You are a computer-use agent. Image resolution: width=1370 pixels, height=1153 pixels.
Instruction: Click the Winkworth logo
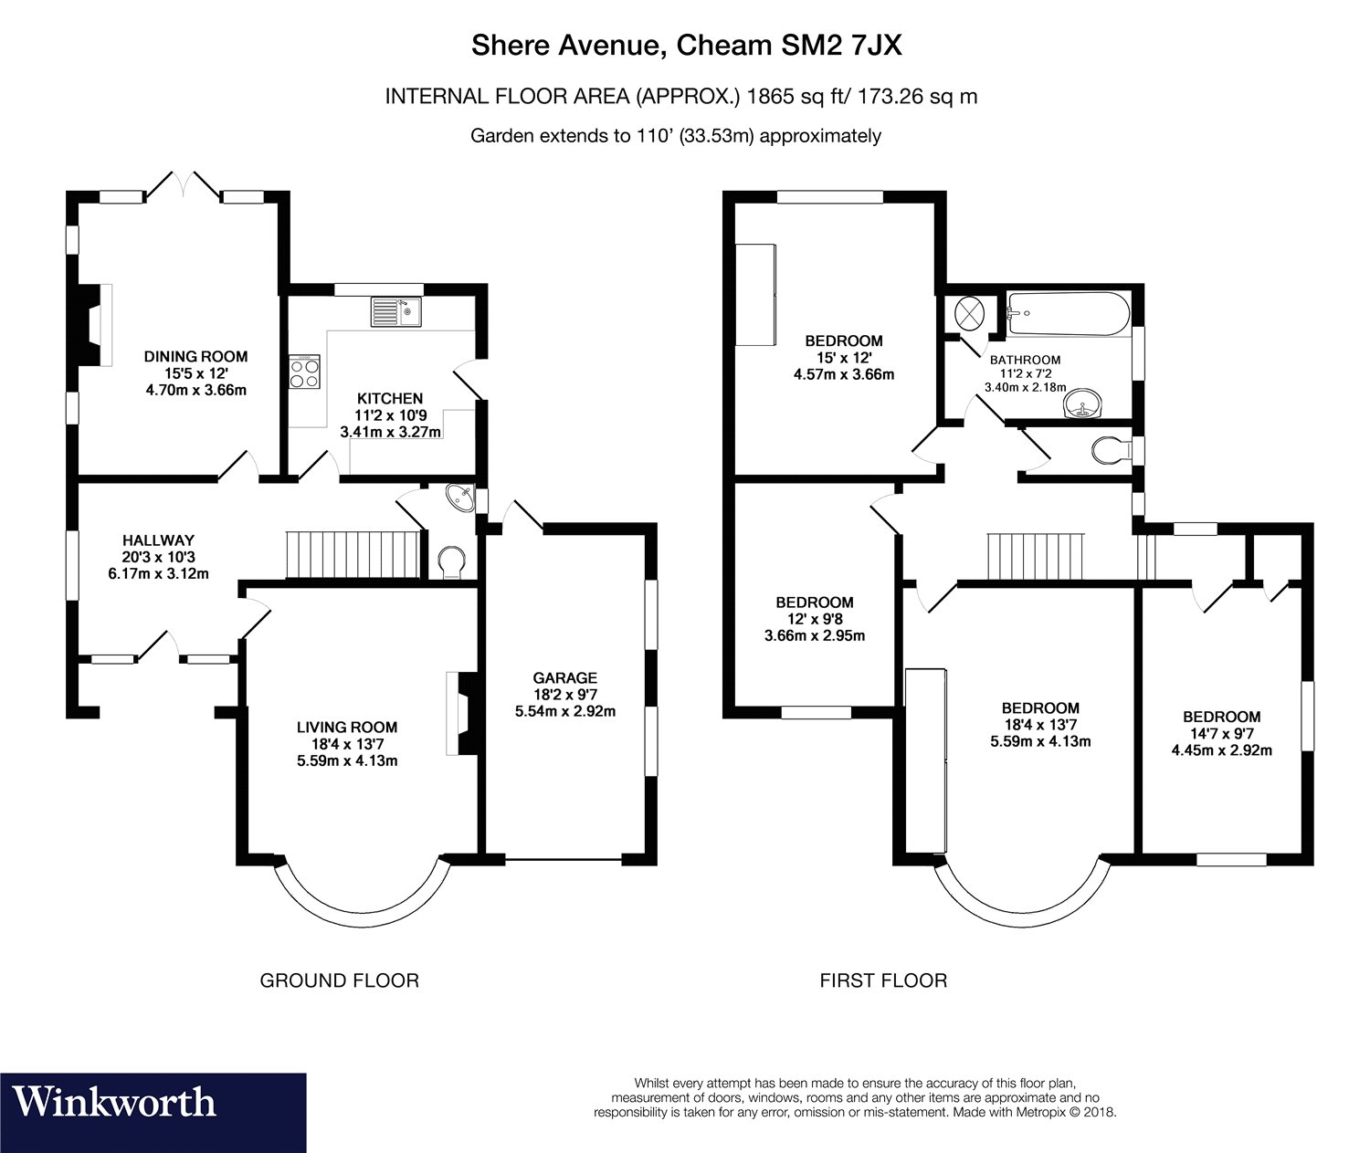tap(153, 1112)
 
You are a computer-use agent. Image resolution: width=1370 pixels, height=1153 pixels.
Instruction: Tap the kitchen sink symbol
tap(395, 311)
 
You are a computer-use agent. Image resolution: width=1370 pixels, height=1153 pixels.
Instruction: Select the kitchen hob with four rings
tap(304, 372)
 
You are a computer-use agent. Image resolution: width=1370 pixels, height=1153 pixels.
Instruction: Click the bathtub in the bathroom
tap(1069, 314)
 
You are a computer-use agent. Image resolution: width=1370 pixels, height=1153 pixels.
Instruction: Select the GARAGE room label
tap(565, 677)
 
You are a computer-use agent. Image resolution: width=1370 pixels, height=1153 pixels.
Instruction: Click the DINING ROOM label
tap(195, 356)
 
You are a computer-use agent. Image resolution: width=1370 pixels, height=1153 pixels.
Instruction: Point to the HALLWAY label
tap(158, 540)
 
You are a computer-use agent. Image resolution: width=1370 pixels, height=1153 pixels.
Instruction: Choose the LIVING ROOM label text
tap(346, 727)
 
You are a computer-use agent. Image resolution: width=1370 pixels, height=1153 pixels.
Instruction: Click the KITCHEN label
tap(390, 398)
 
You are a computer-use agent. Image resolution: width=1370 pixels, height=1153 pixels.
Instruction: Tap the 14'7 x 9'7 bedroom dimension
tap(1221, 733)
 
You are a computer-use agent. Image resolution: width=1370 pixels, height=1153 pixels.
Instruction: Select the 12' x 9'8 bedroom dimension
tap(815, 618)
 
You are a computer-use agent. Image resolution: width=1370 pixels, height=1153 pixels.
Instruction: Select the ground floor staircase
tap(353, 555)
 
